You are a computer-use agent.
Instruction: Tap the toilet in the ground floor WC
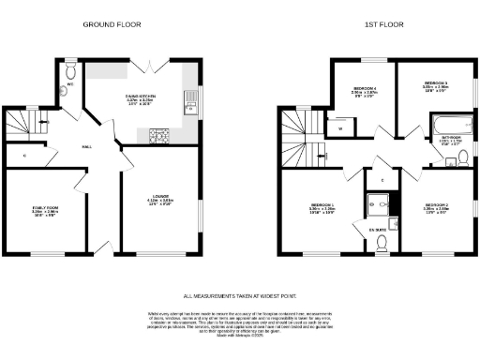pos(72,69)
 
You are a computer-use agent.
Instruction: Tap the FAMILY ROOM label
pos(45,210)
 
